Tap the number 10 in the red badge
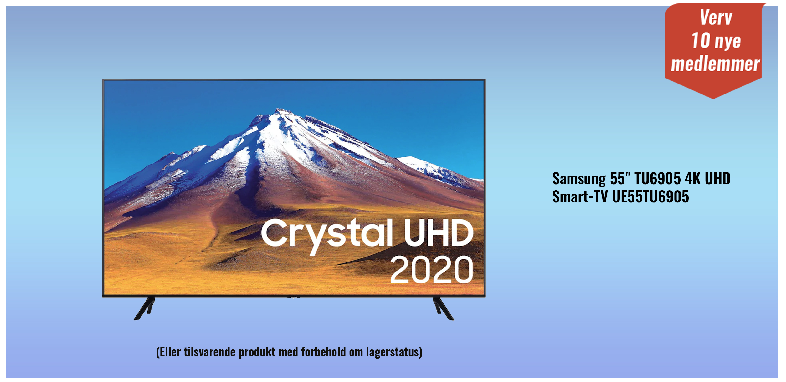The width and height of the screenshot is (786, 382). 701,41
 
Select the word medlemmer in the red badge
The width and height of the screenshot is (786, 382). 715,64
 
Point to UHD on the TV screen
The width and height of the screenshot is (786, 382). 439,232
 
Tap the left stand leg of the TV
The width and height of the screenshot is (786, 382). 145,308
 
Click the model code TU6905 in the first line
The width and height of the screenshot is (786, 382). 658,179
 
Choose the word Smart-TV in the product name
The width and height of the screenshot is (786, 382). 580,197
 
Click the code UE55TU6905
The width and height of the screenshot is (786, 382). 650,197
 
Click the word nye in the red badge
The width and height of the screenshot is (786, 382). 728,42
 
